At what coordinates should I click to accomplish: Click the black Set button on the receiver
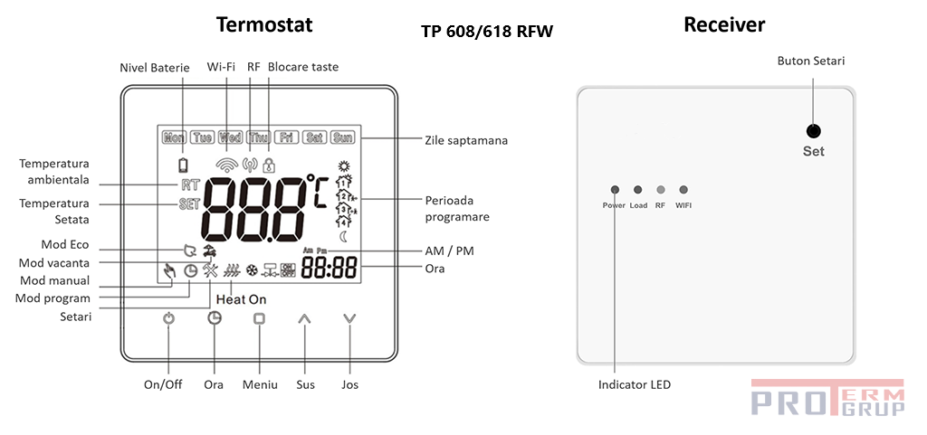click(x=813, y=130)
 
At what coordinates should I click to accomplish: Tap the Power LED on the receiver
click(x=615, y=190)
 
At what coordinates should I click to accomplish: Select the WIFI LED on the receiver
click(x=683, y=190)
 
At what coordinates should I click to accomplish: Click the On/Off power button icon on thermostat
click(x=167, y=318)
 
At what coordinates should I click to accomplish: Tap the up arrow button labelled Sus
click(x=304, y=318)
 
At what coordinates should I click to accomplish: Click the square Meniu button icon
click(x=259, y=318)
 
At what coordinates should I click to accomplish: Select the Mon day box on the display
click(x=174, y=138)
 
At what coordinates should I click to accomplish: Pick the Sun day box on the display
click(x=342, y=138)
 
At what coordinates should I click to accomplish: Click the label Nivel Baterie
click(x=155, y=68)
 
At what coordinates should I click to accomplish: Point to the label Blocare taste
click(x=303, y=68)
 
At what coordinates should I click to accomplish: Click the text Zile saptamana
click(x=465, y=140)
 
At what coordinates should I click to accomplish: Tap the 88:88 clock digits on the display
click(x=329, y=268)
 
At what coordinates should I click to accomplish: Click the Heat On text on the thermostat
click(x=242, y=298)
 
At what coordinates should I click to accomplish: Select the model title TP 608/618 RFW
click(x=487, y=32)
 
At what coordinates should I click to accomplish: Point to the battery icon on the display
click(x=184, y=165)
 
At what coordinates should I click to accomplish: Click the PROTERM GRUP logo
click(x=827, y=398)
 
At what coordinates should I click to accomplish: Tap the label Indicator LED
click(x=635, y=384)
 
